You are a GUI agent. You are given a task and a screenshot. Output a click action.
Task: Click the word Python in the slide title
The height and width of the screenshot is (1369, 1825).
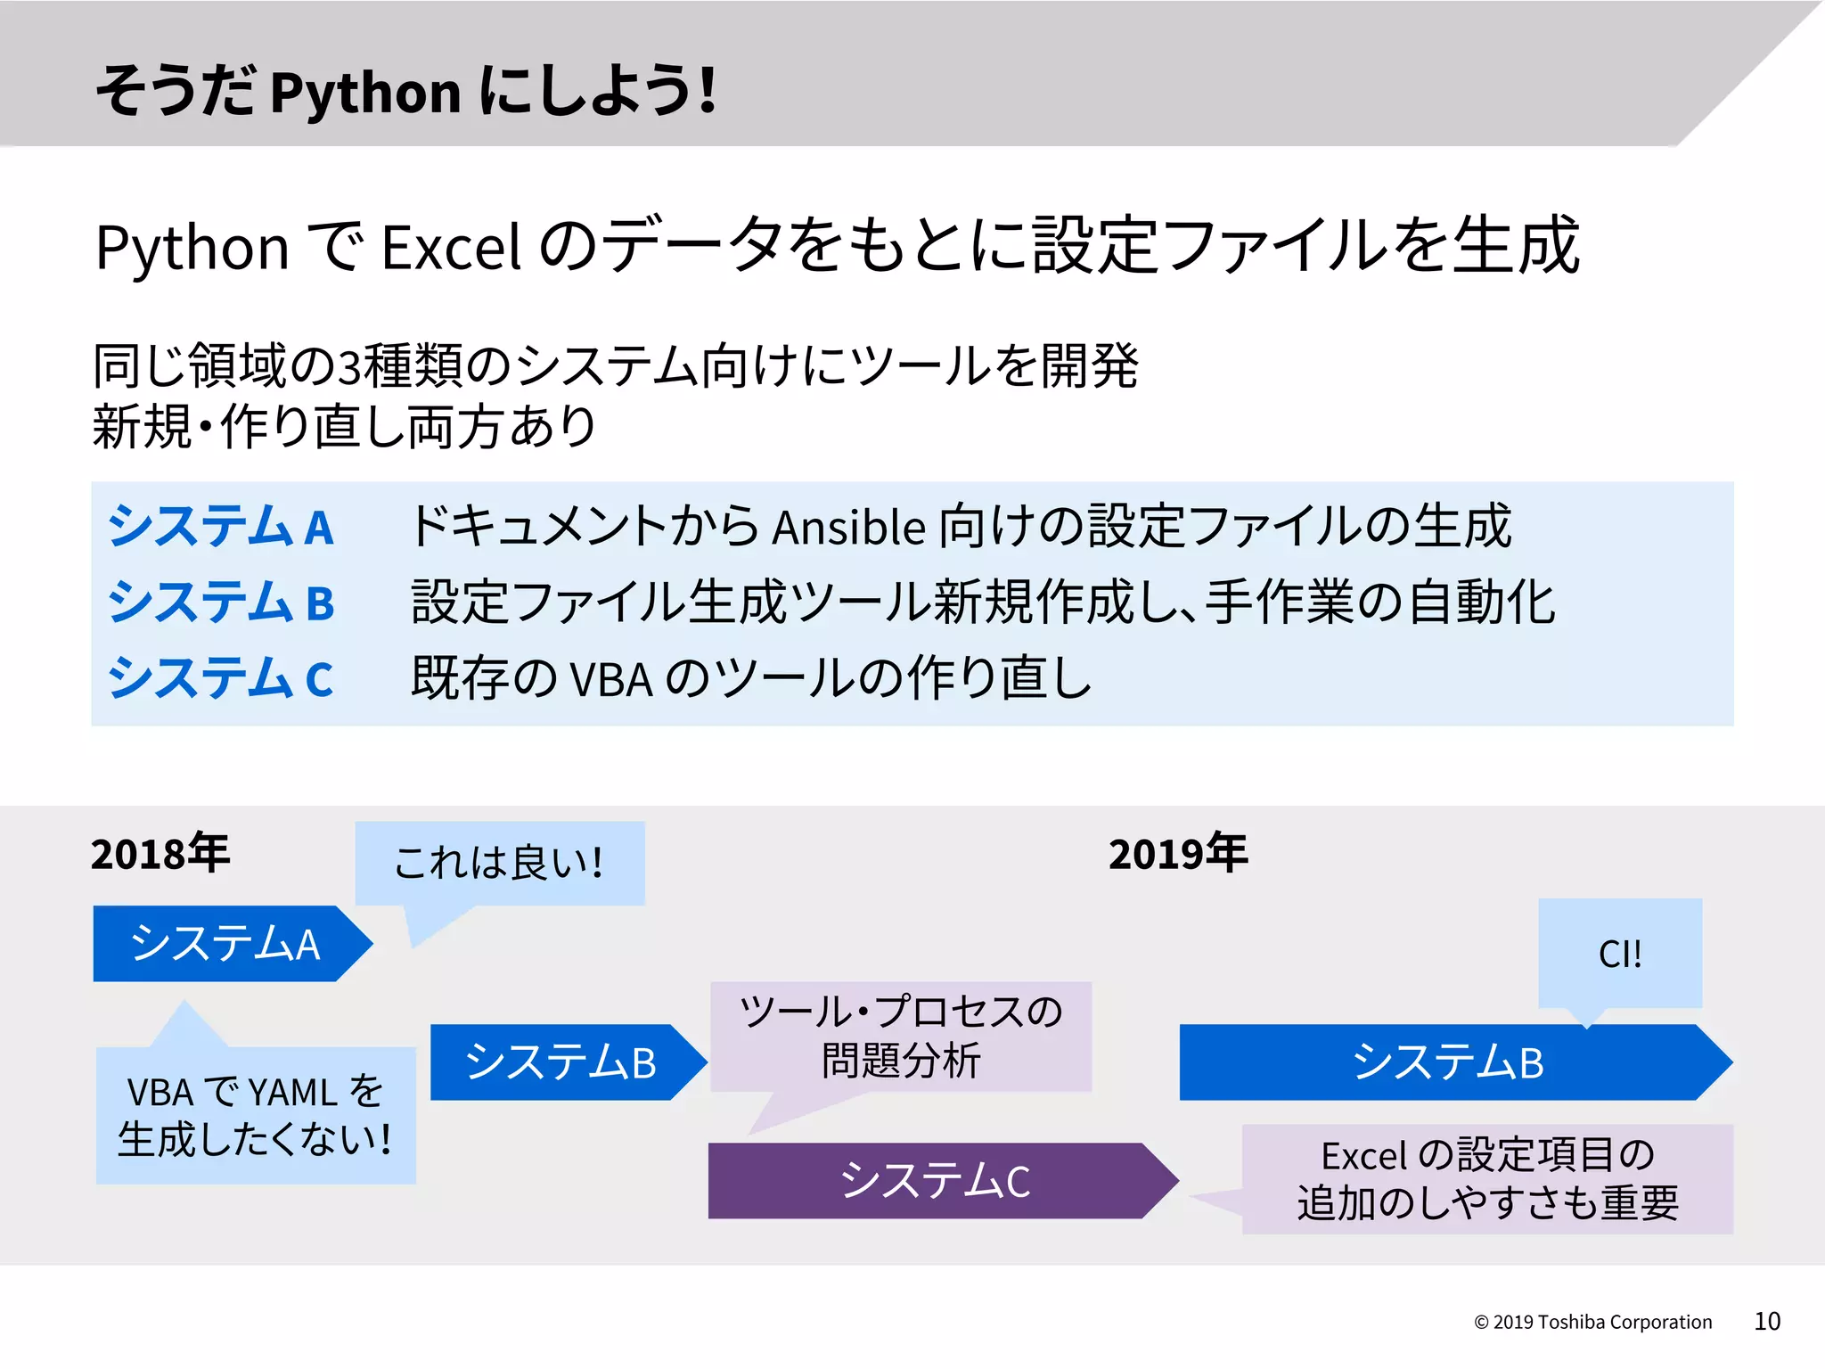365,94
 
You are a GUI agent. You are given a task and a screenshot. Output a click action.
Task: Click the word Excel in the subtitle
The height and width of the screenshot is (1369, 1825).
450,248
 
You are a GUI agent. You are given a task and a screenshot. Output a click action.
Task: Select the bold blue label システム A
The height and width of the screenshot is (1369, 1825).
220,526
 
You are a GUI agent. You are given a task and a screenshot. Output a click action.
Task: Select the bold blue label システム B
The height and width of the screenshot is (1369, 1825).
220,603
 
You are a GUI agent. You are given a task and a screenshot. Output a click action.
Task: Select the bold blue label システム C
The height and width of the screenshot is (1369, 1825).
220,678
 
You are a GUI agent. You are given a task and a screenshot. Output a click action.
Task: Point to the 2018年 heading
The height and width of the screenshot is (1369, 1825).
160,854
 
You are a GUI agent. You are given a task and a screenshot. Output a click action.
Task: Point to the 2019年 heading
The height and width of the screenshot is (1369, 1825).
1177,854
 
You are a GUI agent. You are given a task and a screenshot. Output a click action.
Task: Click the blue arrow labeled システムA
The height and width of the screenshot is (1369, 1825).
227,944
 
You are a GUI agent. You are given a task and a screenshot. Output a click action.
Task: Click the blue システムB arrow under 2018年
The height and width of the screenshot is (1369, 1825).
561,1062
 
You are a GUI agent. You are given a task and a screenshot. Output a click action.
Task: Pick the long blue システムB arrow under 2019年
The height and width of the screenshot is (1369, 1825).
1448,1062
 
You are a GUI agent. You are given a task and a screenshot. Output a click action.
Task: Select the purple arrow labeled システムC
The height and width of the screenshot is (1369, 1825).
936,1181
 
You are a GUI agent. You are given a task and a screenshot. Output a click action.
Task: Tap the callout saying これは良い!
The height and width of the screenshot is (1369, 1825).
499,863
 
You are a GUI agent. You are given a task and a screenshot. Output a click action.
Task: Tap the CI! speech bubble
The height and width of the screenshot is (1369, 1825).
1620,954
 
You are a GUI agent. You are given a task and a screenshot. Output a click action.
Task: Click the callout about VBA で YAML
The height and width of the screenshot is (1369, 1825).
256,1116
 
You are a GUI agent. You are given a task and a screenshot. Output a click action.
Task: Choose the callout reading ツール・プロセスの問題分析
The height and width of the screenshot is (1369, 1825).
901,1037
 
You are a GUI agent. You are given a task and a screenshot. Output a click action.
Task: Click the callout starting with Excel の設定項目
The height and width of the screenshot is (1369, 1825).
1487,1179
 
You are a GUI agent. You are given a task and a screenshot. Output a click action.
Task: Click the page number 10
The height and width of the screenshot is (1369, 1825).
1767,1321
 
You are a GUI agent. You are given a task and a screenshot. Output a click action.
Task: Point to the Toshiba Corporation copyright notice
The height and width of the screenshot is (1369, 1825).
1592,1323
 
